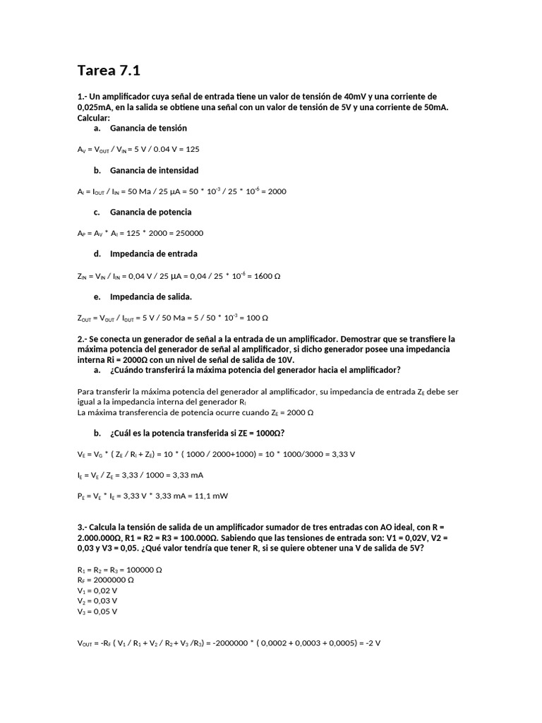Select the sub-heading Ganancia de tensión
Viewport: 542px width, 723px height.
[x=148, y=129]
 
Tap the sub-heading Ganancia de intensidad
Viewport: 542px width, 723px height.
[x=154, y=170]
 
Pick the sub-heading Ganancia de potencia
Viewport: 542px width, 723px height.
[x=150, y=212]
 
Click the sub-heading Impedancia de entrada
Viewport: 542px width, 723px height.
[x=153, y=253]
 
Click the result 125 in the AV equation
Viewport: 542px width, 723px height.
[x=191, y=150]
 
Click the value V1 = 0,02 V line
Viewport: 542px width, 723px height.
[x=97, y=590]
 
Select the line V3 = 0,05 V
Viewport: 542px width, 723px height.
[x=97, y=611]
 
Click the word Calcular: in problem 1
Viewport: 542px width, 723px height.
[x=93, y=118]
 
